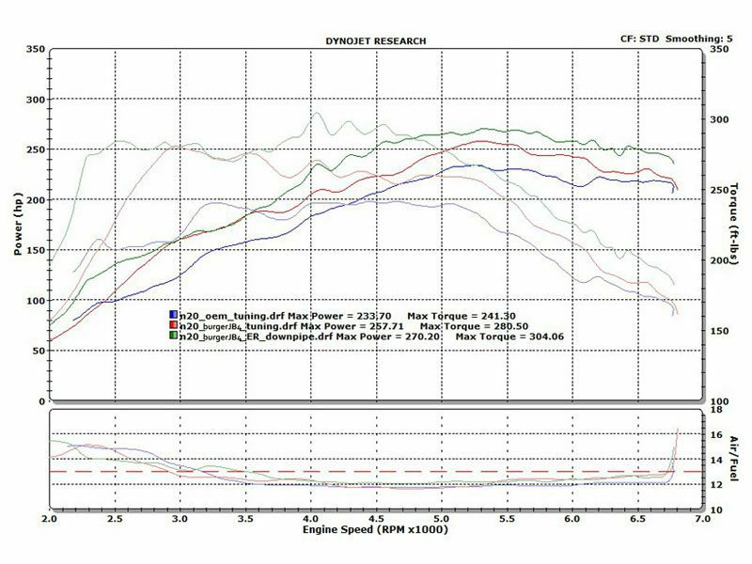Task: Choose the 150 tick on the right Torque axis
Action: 719,331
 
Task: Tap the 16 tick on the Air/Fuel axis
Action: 716,435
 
